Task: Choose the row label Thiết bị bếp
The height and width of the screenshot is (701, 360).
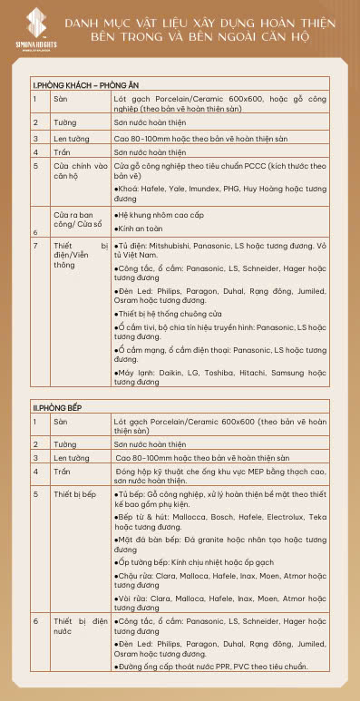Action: point(76,494)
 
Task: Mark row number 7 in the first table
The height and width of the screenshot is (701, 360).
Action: point(35,246)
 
